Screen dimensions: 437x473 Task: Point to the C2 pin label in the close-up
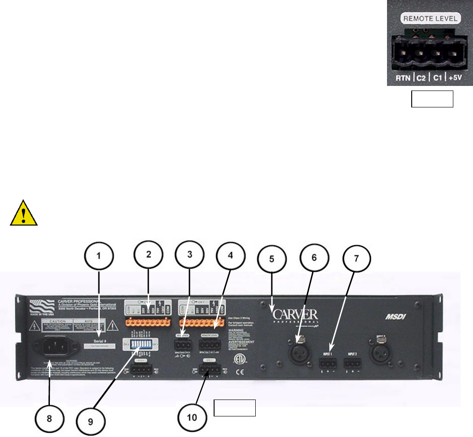420,78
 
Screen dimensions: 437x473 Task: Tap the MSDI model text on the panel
392,317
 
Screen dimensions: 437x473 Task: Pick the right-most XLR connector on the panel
379,351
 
